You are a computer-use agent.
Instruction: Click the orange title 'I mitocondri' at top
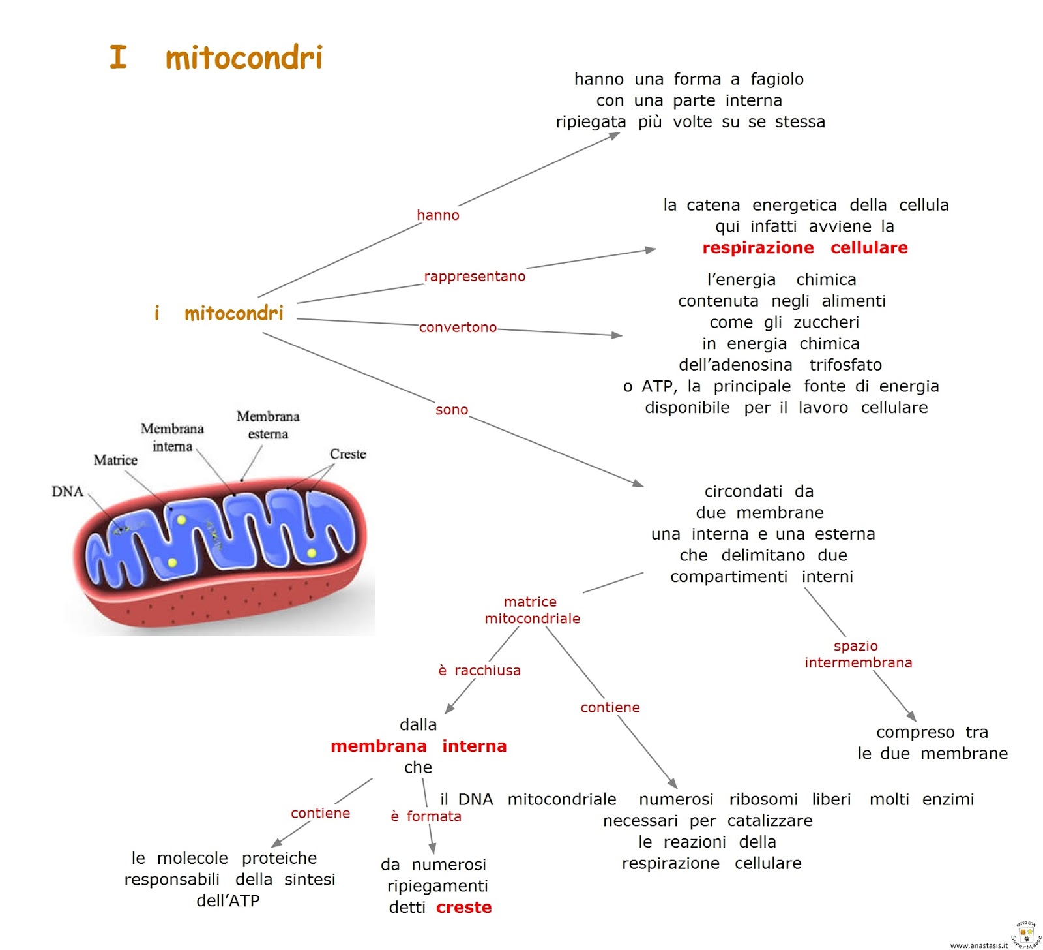[216, 57]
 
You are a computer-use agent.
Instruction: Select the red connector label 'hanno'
[437, 215]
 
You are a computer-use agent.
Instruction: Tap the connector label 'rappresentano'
[474, 276]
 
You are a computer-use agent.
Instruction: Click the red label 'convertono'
[458, 328]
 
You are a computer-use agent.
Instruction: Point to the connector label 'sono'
[452, 410]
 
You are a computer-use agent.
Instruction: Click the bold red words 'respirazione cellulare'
[804, 248]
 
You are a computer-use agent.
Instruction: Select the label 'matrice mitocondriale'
[532, 610]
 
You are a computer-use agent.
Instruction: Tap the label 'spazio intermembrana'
[858, 654]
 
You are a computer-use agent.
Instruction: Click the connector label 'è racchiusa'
[479, 671]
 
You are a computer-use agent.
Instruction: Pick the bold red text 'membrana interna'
[419, 746]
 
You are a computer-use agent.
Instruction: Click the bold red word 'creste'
[463, 908]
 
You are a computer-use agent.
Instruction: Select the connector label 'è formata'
[426, 816]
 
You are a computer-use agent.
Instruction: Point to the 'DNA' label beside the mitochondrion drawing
[68, 491]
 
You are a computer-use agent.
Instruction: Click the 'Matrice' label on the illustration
[115, 460]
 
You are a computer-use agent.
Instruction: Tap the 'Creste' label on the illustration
[347, 454]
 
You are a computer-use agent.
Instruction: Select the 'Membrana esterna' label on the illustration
[268, 425]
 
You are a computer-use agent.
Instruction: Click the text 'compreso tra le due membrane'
[932, 743]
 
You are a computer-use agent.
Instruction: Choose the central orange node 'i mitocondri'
[219, 313]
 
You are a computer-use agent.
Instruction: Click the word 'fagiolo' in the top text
[777, 80]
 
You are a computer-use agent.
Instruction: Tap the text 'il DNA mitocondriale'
[528, 799]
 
